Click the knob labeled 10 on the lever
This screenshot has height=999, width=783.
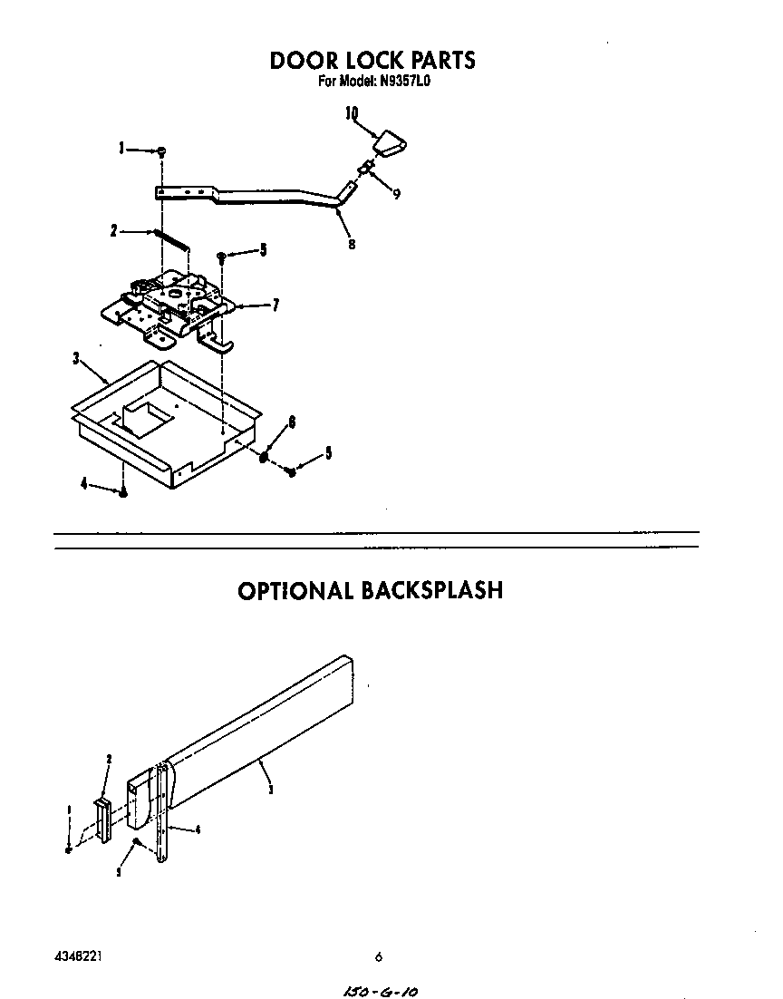click(x=390, y=143)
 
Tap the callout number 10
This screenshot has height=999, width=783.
click(x=352, y=113)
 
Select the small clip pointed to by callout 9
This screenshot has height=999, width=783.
click(x=364, y=168)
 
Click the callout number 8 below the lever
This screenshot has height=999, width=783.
click(x=352, y=243)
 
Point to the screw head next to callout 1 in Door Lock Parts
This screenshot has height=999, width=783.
click(x=160, y=150)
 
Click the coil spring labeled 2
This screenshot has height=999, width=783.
click(x=171, y=238)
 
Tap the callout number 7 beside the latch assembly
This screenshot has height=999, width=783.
click(x=274, y=306)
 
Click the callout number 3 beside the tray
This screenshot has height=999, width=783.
click(x=77, y=359)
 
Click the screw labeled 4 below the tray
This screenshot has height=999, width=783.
click(x=123, y=492)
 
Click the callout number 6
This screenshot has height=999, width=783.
click(x=292, y=422)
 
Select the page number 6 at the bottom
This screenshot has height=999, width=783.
click(x=379, y=956)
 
